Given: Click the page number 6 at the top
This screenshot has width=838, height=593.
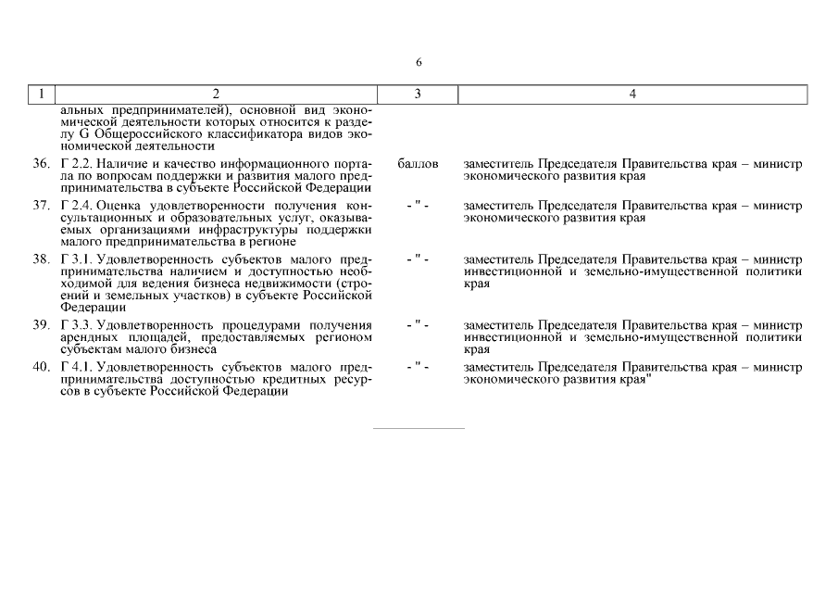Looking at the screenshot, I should click(x=419, y=62).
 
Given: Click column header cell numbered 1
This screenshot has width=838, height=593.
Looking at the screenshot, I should click(x=42, y=94).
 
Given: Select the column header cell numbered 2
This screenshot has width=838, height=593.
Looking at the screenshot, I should click(x=217, y=94).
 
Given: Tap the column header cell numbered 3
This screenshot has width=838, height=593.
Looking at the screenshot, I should click(x=418, y=94).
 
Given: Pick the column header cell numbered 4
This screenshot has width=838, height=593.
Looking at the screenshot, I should click(x=632, y=94).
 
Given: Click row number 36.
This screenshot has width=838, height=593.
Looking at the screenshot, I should click(x=41, y=164).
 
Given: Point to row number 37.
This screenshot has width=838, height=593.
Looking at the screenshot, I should click(x=41, y=205).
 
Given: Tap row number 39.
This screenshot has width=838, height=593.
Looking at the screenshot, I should click(x=41, y=325).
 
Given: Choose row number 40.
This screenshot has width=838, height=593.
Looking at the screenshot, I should click(x=41, y=367).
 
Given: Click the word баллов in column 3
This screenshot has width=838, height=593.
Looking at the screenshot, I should click(x=418, y=164).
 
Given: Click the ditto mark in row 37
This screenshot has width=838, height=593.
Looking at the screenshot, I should click(x=418, y=205).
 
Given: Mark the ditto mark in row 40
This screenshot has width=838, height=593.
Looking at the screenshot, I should click(x=418, y=367).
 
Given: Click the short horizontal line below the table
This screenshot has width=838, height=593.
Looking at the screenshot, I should click(x=419, y=429).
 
